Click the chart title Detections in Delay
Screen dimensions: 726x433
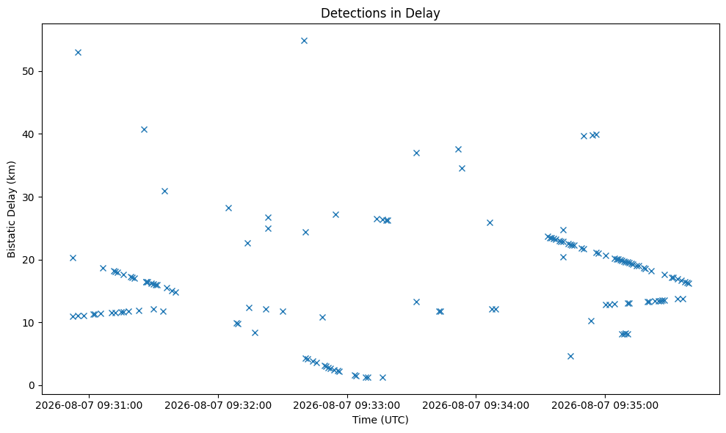tap(380, 13)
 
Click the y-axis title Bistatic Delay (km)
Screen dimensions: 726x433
tap(11, 209)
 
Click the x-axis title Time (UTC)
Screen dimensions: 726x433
tap(380, 420)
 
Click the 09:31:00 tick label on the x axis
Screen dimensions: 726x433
tap(89, 406)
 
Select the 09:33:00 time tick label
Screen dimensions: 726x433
tap(346, 406)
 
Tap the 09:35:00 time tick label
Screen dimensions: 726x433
tap(605, 406)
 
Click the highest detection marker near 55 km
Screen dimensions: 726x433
tap(304, 41)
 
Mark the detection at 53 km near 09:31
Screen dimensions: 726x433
tap(79, 52)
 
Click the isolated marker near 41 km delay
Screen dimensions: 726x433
tap(144, 130)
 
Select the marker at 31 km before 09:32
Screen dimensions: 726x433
tap(164, 192)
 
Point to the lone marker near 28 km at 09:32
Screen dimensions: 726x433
tap(228, 208)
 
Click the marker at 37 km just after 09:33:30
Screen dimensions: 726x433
tap(416, 153)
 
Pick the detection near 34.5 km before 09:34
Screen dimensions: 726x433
tap(462, 169)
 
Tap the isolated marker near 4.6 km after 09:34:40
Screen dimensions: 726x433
tap(570, 356)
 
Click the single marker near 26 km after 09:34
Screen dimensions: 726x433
tap(490, 223)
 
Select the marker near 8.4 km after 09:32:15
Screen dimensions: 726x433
tap(255, 332)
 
